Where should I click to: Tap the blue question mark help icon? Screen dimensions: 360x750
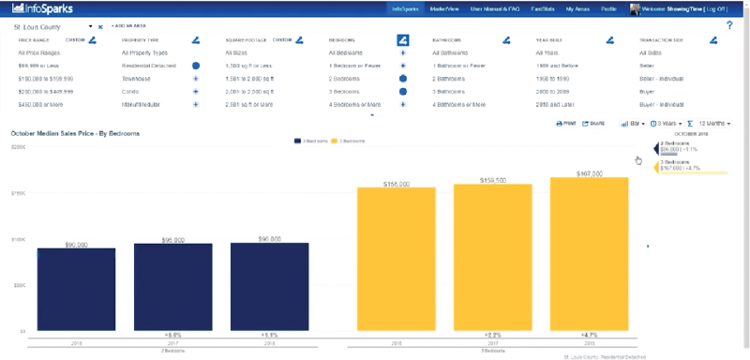click(x=729, y=25)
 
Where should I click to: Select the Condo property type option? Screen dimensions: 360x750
click(x=131, y=93)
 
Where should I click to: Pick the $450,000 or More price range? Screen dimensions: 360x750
click(x=42, y=106)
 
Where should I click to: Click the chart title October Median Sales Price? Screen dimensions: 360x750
click(x=75, y=134)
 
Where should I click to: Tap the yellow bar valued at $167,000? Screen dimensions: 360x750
click(x=589, y=253)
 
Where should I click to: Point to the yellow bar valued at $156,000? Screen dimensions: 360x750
click(x=396, y=258)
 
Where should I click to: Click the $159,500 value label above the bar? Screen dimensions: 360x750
click(x=492, y=179)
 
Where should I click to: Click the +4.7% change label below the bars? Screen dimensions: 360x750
click(x=589, y=335)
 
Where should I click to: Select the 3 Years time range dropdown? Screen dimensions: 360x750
click(x=665, y=123)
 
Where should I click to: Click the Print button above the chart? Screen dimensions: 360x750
click(x=565, y=123)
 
